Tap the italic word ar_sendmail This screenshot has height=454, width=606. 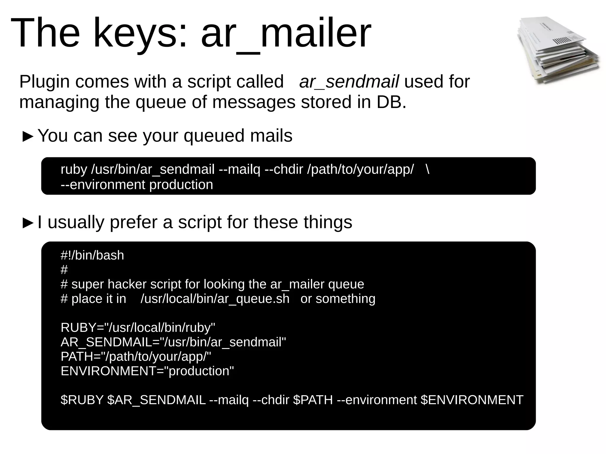click(x=349, y=82)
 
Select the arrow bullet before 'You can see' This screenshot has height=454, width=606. click(x=28, y=136)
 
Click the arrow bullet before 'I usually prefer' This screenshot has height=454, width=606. click(x=28, y=223)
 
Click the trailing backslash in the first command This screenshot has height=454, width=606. click(x=427, y=169)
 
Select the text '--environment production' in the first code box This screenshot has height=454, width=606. click(x=137, y=185)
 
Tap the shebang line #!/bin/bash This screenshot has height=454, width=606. click(x=92, y=256)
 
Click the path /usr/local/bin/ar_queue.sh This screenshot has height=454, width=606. click(x=215, y=299)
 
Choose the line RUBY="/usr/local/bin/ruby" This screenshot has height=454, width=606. click(x=138, y=328)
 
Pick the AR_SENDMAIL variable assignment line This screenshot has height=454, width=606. click(x=173, y=342)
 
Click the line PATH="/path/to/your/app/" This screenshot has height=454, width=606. click(x=136, y=357)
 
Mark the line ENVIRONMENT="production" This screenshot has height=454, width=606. click(x=147, y=371)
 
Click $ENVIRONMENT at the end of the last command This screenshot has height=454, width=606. click(x=472, y=400)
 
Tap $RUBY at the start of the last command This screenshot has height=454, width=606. click(x=82, y=400)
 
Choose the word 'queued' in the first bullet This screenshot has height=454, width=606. click(x=214, y=136)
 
